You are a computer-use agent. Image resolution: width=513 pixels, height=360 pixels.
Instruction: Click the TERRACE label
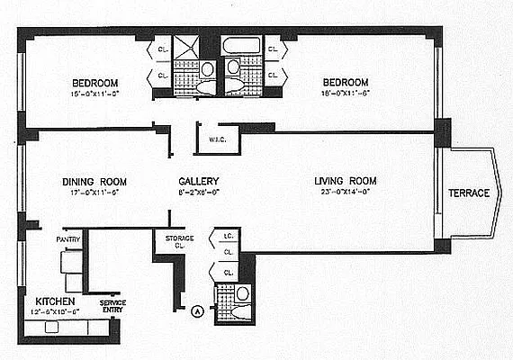point(470,193)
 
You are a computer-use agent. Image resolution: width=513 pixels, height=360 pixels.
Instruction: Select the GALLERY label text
point(198,180)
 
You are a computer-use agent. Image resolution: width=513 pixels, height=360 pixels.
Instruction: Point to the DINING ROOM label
point(91,180)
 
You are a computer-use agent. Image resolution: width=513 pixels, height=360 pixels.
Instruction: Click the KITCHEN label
point(55,301)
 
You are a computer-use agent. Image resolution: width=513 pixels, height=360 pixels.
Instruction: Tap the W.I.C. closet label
point(216,139)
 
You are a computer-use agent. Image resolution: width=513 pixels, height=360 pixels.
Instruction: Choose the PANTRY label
point(68,238)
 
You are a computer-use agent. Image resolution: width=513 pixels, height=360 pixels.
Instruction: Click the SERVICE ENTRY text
point(113,308)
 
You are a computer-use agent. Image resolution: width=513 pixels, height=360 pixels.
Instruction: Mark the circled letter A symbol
point(196,311)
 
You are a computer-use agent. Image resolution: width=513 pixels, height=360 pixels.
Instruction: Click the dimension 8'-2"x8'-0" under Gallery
point(198,192)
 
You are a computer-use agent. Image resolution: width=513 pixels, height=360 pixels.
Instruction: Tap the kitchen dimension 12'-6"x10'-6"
point(55,311)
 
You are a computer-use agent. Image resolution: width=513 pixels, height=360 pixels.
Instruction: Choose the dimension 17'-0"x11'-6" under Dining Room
point(91,192)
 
